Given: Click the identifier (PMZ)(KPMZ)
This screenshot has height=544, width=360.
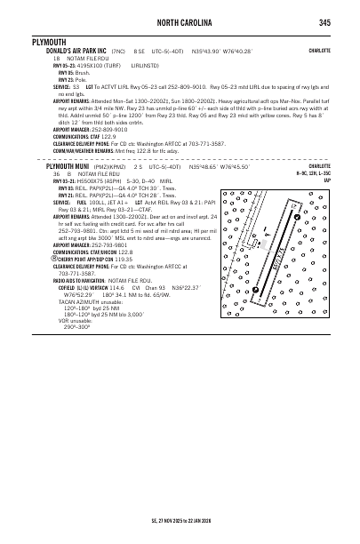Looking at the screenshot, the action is [120, 166].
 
